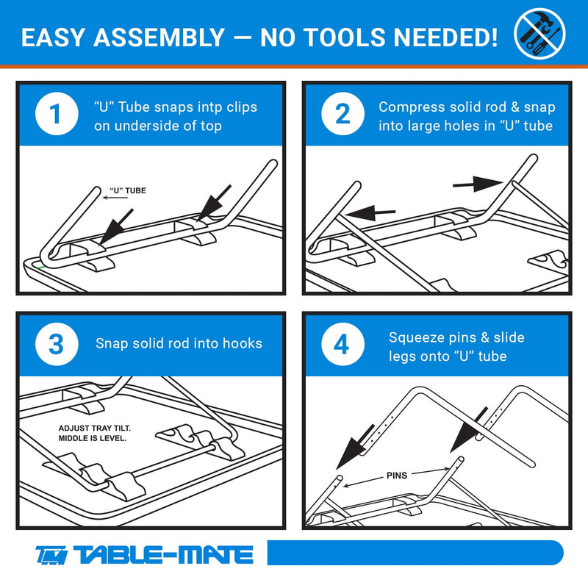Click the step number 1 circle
[x=57, y=114]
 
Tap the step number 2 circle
[x=343, y=114]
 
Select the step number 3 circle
[x=57, y=344]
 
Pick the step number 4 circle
[x=343, y=344]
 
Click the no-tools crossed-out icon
[x=539, y=33]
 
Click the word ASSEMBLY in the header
[x=159, y=37]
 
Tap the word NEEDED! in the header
[x=445, y=37]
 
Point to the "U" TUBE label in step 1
[x=128, y=190]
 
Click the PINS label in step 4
[x=397, y=476]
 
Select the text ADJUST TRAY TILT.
[x=95, y=429]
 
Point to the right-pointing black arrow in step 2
[x=478, y=184]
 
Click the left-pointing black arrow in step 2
[x=370, y=213]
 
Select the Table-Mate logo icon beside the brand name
[x=51, y=555]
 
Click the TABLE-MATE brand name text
[x=163, y=555]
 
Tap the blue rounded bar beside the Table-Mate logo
[x=415, y=553]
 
